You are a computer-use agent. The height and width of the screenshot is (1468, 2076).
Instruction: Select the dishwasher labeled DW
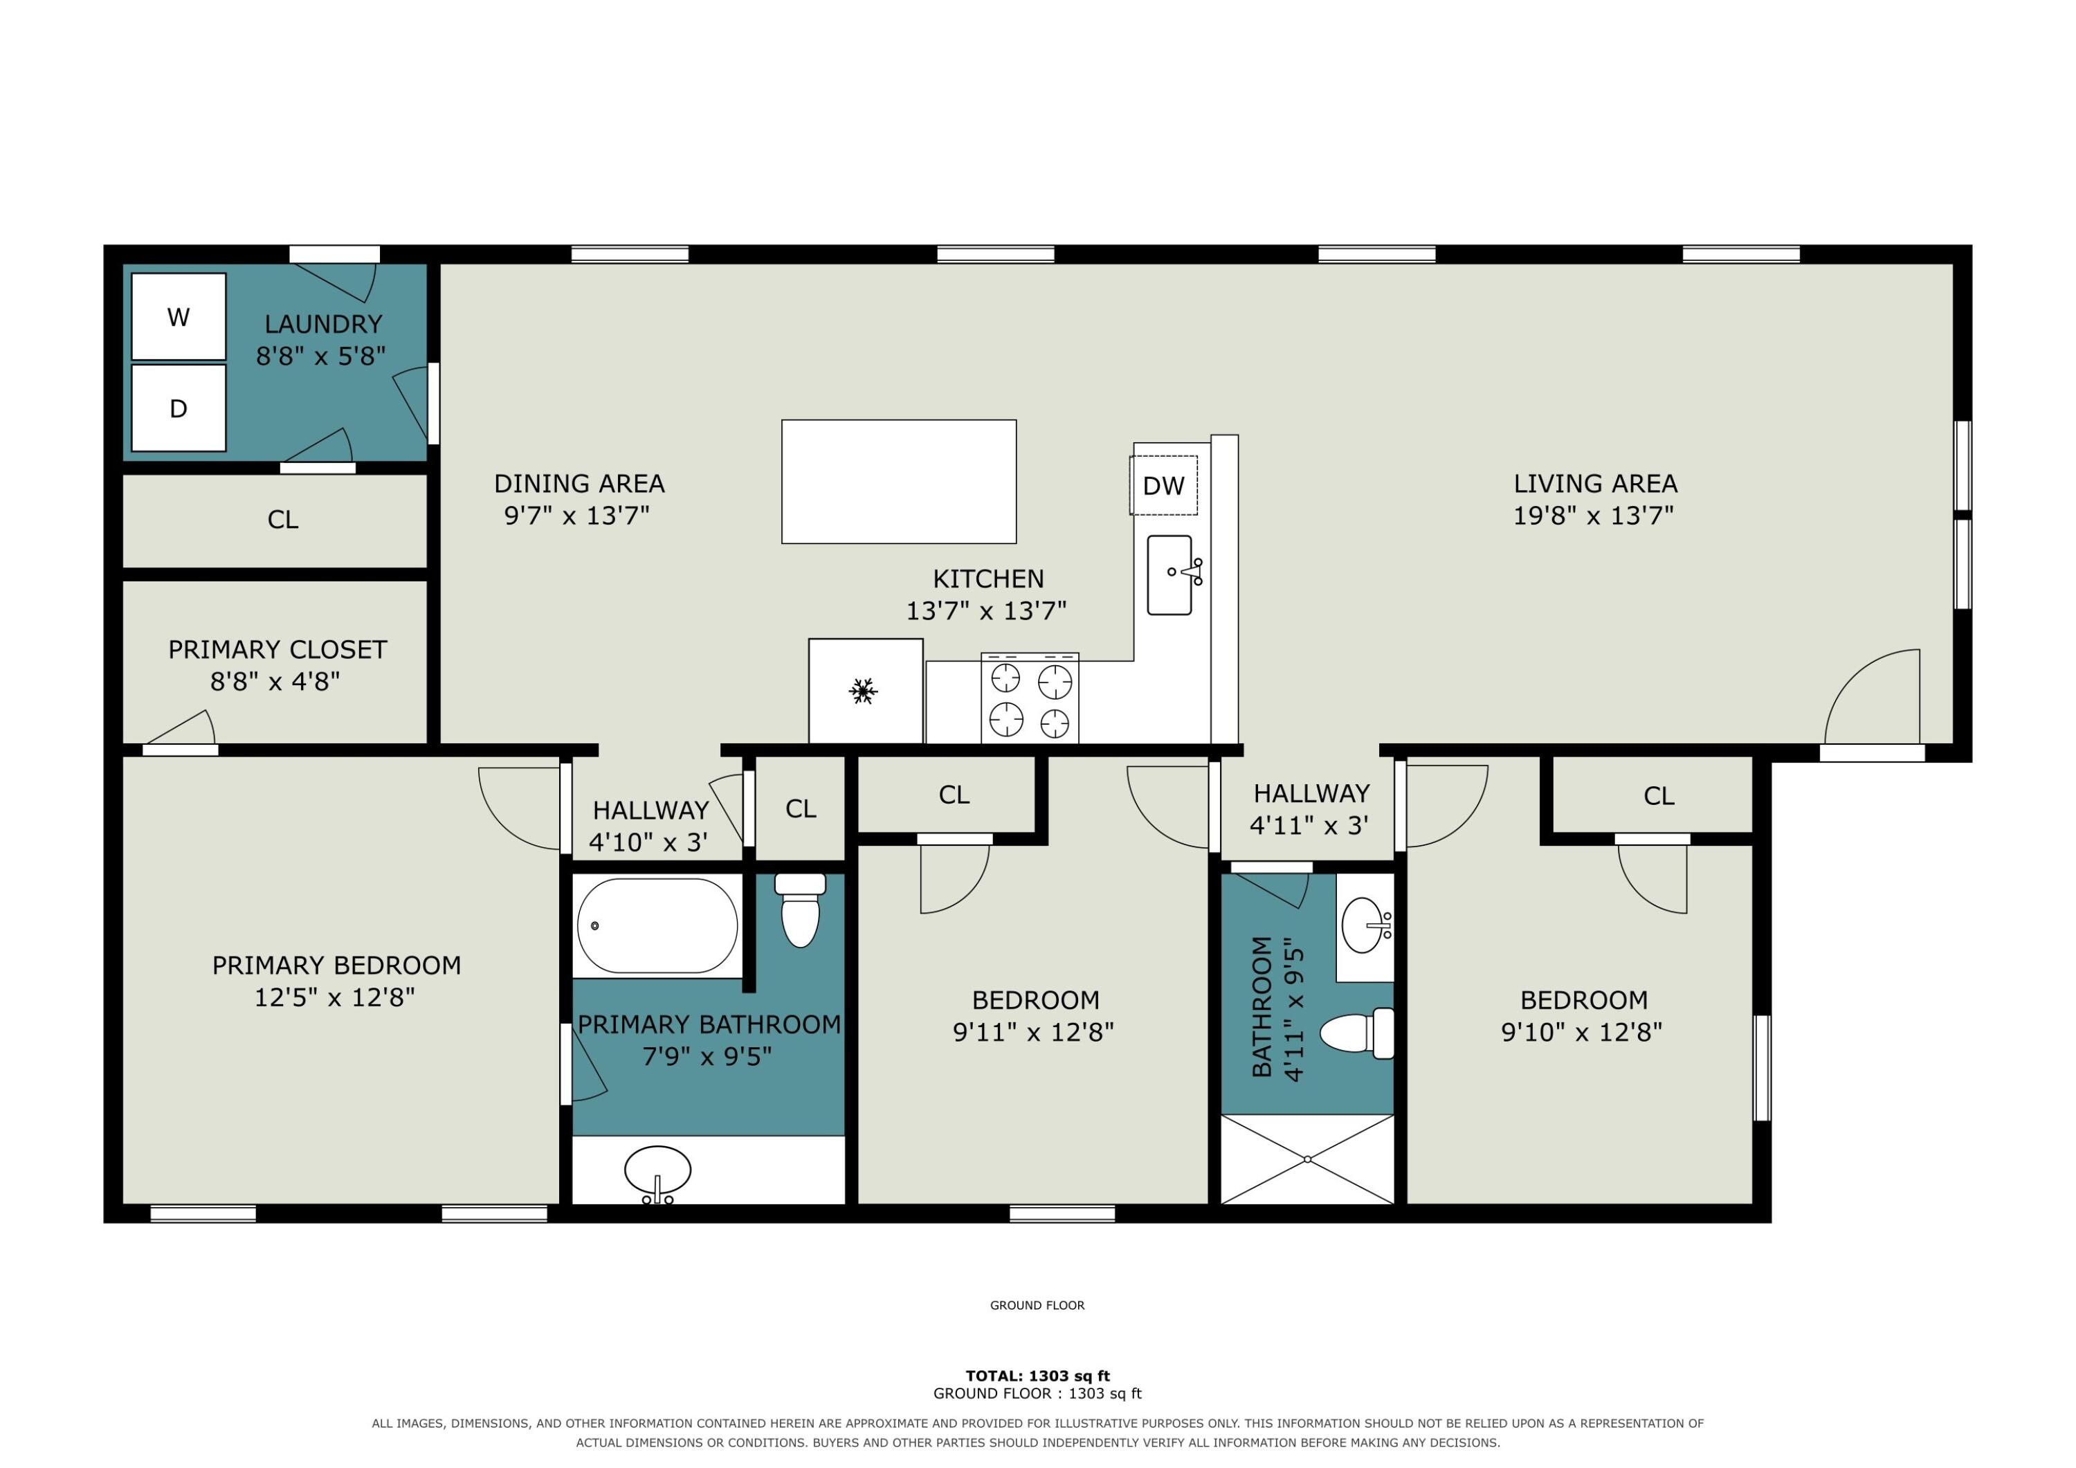[1164, 486]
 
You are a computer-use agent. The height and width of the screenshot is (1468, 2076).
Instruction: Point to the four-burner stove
[1030, 698]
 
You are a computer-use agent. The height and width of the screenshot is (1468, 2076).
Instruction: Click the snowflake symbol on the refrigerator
[864, 691]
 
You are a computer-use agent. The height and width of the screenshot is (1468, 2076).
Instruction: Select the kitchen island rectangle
[899, 481]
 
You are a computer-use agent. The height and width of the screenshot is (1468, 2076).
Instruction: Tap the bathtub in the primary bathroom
[657, 925]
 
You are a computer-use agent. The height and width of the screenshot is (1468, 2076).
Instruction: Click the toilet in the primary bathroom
[800, 910]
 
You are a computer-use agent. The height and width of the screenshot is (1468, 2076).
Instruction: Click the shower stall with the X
[1307, 1159]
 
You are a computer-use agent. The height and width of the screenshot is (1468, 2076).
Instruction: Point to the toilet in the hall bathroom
[1357, 1033]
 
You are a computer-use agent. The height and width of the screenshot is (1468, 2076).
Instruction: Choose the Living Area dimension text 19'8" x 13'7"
[1594, 516]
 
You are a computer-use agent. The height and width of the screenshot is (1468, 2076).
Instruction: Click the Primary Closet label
[277, 649]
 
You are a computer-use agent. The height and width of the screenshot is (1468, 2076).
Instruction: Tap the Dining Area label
[580, 484]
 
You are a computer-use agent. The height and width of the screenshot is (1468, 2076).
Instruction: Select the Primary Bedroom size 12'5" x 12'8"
[334, 997]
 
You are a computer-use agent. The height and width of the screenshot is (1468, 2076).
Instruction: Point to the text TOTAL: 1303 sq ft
[1038, 1376]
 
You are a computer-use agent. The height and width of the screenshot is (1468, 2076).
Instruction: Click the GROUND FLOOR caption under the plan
[1037, 1305]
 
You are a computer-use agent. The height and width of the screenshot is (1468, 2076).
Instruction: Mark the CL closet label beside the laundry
[283, 520]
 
